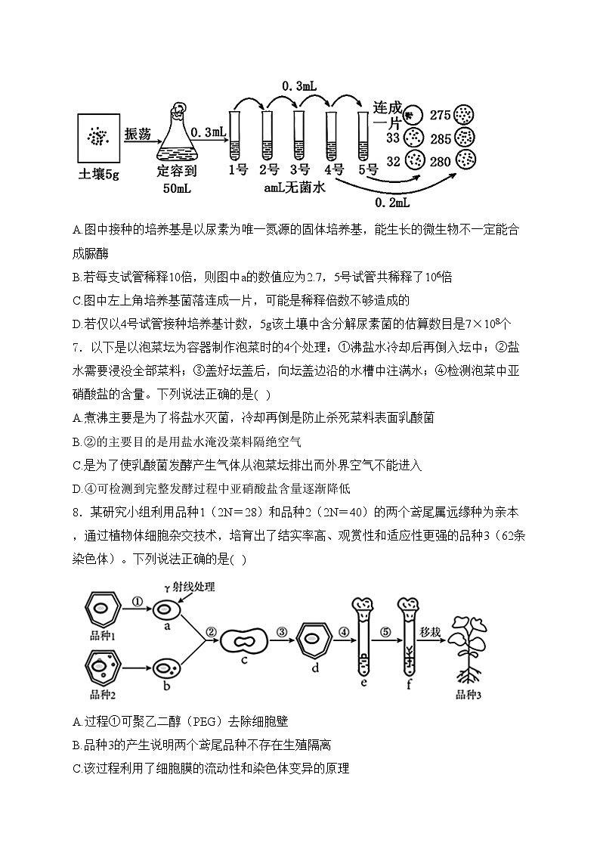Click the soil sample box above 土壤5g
coord(99,138)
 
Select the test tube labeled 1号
coord(234,134)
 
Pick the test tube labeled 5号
coord(361,134)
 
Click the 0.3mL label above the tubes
coord(298,87)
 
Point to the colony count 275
coord(440,116)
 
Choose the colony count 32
coord(392,161)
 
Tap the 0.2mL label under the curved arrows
coord(393,203)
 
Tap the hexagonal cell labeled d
coord(316,640)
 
